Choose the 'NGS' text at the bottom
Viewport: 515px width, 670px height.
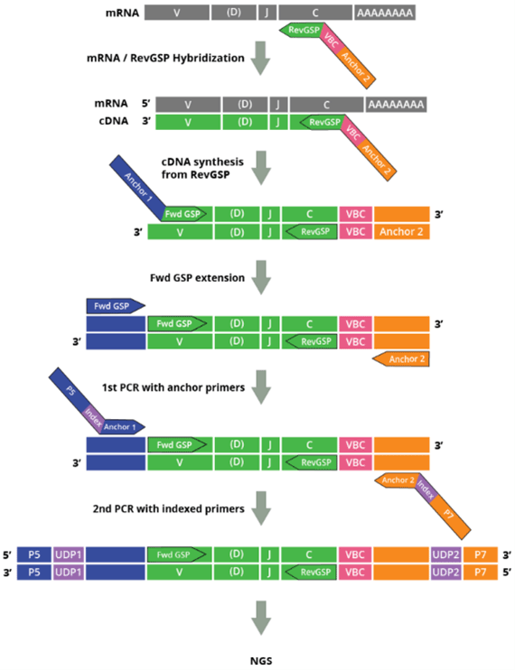tap(259, 659)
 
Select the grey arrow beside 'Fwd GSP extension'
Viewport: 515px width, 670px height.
tap(259, 273)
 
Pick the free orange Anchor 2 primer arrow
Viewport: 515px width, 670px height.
tap(398, 359)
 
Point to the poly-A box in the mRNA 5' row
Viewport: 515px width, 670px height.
tap(398, 103)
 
